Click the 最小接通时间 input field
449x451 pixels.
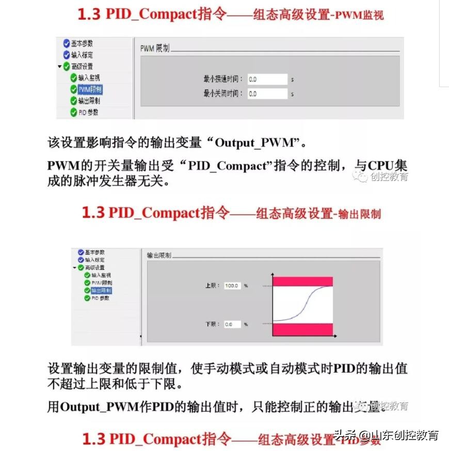(x=267, y=79)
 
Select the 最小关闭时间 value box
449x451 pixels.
(x=267, y=94)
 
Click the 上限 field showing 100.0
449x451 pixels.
(x=232, y=286)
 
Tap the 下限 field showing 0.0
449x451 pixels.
(x=232, y=324)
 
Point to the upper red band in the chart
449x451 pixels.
(x=302, y=281)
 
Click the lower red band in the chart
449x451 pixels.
(x=302, y=328)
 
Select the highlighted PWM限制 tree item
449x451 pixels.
(x=90, y=90)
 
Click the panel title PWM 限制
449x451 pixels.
(x=155, y=48)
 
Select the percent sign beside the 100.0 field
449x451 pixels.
(x=246, y=286)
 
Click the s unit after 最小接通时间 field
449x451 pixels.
(x=292, y=80)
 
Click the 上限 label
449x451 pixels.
(x=212, y=286)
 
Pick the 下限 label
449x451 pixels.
(x=212, y=324)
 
